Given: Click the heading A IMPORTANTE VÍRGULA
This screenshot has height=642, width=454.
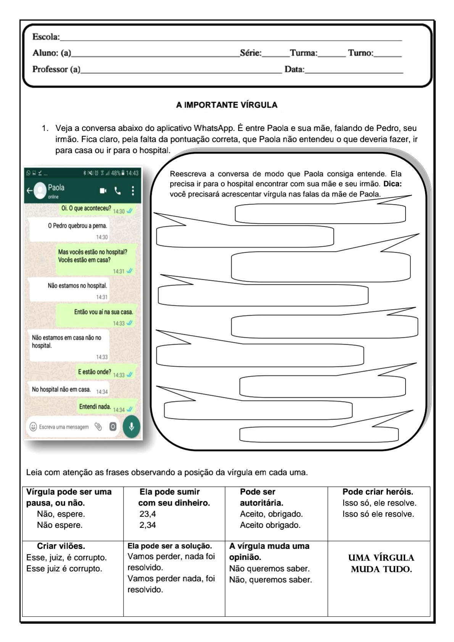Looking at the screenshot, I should (227, 105).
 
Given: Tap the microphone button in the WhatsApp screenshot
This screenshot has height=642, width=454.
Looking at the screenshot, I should (132, 426).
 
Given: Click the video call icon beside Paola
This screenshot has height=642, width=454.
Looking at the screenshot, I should (103, 190).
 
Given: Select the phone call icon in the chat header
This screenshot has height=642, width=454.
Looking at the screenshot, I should (118, 190).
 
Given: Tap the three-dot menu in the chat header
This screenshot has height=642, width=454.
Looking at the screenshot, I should (133, 190).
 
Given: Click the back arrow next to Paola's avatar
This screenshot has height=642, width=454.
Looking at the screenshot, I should (29, 190).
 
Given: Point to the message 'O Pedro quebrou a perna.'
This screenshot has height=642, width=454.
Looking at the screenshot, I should (77, 226).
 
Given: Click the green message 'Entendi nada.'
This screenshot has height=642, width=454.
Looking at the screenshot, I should (95, 407).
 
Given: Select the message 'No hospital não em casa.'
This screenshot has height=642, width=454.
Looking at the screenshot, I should (61, 389).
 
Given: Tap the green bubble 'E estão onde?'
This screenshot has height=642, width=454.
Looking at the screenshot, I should (95, 372).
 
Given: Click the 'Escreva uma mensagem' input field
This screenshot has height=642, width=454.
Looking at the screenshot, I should (64, 427).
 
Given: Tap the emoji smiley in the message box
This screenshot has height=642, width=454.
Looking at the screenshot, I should (33, 427).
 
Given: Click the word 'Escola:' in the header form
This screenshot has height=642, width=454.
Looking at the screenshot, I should (46, 37).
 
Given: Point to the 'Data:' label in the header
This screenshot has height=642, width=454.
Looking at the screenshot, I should (294, 69).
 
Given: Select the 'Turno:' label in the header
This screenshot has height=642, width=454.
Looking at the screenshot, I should (361, 53).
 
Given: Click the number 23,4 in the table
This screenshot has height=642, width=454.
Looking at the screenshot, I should (148, 514).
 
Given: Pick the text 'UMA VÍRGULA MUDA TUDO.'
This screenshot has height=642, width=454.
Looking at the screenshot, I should (381, 563).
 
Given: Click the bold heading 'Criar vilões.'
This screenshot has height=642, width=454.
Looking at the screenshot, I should (61, 546).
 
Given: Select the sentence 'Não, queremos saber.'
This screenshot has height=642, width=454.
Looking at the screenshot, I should (270, 579).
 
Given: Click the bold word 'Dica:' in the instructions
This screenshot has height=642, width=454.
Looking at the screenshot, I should (392, 184).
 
